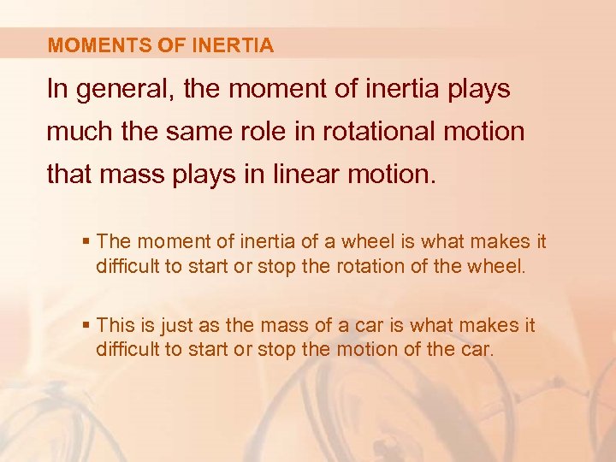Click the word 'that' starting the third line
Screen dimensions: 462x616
coord(68,175)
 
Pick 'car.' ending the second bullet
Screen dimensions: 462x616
coord(476,348)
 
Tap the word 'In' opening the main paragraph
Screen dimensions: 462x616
coord(57,91)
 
